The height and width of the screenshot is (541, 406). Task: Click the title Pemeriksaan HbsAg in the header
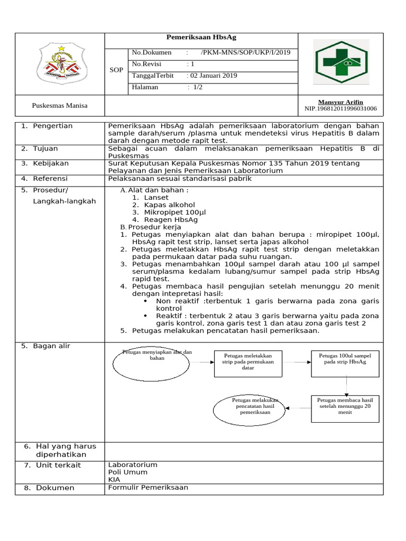click(201, 38)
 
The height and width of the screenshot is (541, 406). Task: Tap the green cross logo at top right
click(341, 63)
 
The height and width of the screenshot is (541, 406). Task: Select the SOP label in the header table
click(116, 70)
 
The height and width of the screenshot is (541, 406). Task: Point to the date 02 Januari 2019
click(213, 76)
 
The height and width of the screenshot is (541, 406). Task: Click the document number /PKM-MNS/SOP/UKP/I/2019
click(245, 52)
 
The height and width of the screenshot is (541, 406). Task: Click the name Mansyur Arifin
click(340, 102)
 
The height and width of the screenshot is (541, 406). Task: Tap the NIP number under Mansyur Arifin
click(340, 109)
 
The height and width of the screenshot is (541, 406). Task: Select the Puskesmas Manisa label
click(60, 106)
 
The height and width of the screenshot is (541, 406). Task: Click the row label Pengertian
click(52, 126)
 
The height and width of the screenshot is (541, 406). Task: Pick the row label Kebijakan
click(52, 163)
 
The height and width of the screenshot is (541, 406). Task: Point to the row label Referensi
click(52, 179)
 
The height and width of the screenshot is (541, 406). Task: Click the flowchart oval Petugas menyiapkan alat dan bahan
click(151, 362)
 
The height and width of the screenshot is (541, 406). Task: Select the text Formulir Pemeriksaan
click(148, 488)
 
